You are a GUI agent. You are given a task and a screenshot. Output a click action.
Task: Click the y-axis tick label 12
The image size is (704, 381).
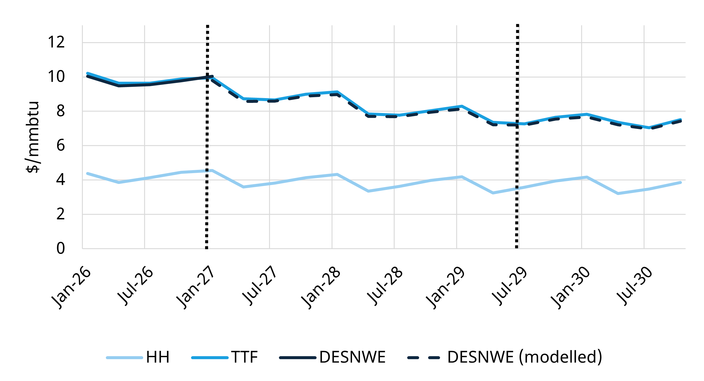[x=56, y=42]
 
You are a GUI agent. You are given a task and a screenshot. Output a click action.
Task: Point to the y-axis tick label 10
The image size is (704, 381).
[x=56, y=77]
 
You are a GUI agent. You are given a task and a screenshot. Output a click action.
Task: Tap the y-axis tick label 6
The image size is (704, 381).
[x=60, y=146]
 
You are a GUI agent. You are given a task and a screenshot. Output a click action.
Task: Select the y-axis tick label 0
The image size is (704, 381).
[x=60, y=249]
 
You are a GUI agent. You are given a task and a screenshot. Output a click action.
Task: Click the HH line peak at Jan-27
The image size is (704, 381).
[x=212, y=170]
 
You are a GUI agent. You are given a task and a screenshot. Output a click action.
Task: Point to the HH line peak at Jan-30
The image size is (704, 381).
[x=587, y=177]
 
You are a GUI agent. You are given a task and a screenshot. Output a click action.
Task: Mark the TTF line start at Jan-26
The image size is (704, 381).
[x=87, y=73]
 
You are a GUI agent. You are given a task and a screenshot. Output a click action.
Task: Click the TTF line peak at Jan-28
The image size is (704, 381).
[x=337, y=92]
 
